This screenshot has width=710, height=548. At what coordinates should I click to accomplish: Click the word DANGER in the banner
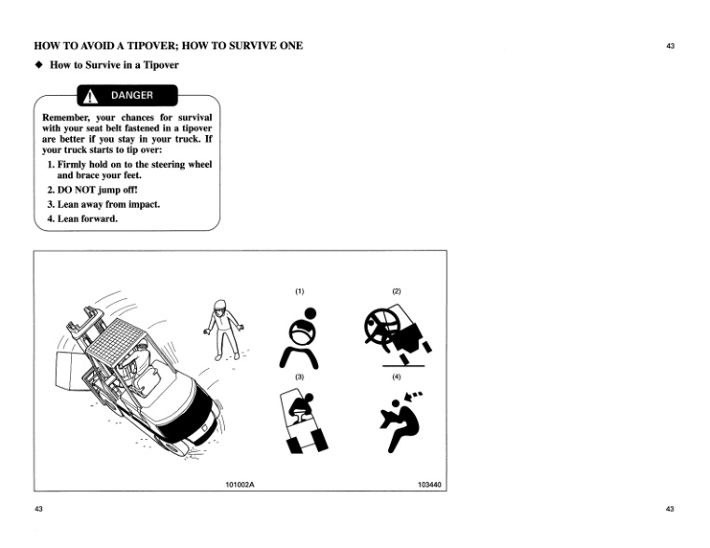click(x=132, y=95)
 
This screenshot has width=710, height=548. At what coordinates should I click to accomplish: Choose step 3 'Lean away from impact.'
click(x=103, y=204)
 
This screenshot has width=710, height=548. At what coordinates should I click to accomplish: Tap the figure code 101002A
click(x=240, y=484)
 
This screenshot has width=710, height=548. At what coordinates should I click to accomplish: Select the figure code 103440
click(x=430, y=484)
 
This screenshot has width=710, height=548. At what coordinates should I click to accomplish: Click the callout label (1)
click(x=299, y=291)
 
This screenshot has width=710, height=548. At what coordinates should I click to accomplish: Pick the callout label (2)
click(x=397, y=291)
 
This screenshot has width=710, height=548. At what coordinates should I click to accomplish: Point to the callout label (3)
click(x=299, y=377)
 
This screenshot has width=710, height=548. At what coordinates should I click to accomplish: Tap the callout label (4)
click(x=397, y=377)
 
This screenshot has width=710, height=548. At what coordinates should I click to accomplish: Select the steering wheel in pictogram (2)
click(x=381, y=325)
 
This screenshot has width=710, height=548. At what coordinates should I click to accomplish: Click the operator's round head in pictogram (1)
click(x=311, y=313)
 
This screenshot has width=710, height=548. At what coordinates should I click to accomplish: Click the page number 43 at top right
click(x=670, y=45)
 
